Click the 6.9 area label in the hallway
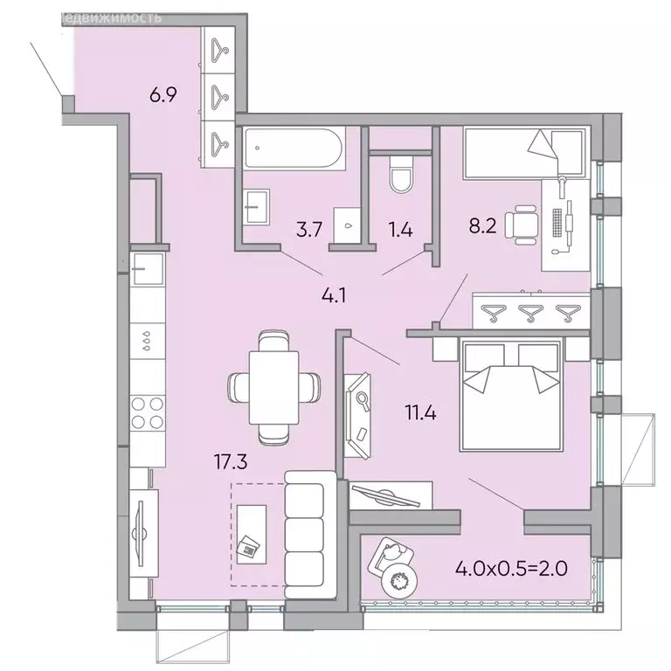tap(163, 95)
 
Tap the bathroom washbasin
tap(257, 207)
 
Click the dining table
tap(273, 384)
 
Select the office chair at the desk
tap(525, 225)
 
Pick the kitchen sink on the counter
tap(146, 269)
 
